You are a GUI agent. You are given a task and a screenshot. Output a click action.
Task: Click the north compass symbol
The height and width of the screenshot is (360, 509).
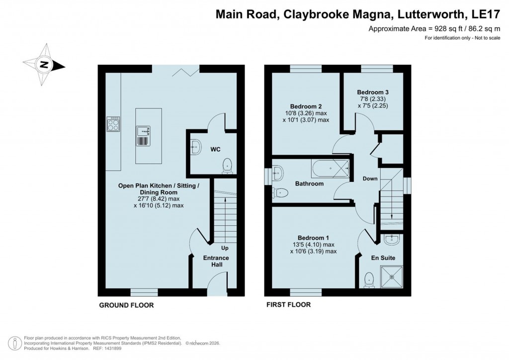coord(44,64)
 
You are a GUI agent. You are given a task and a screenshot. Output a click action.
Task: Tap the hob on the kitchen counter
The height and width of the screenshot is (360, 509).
coord(113,124)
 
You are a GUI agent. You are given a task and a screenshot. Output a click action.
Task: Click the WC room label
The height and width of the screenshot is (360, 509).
coord(215,149)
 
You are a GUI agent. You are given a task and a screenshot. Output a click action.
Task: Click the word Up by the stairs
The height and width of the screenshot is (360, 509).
coord(225,247)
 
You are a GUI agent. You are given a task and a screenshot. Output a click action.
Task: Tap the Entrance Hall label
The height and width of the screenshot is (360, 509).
coord(216,261)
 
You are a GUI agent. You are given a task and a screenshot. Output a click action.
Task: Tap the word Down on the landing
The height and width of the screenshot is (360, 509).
coord(370,179)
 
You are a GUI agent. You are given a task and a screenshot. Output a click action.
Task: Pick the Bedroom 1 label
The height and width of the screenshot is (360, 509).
coord(313,238)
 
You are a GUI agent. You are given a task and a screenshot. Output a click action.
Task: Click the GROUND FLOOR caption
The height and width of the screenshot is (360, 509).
coord(126,305)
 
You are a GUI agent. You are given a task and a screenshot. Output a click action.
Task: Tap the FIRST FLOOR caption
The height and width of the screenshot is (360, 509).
coord(288,305)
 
